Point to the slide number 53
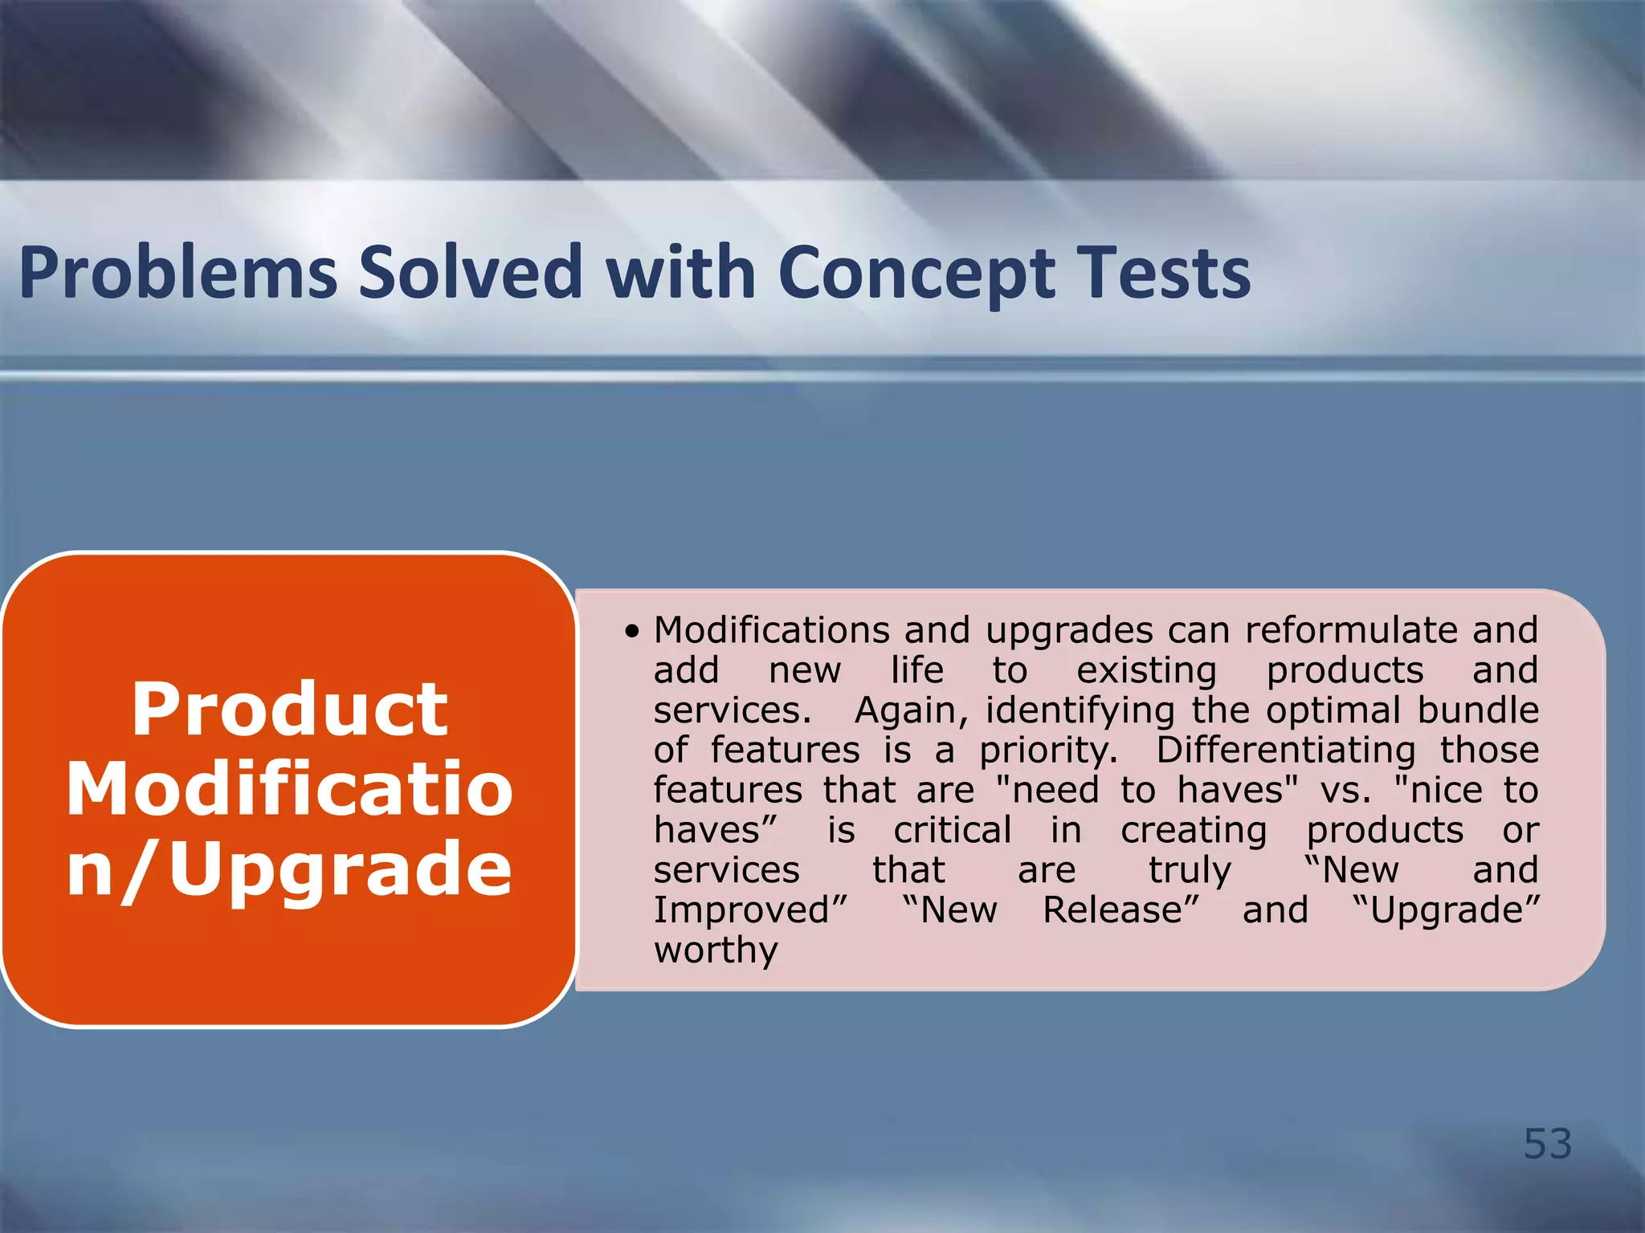pyautogui.click(x=1547, y=1143)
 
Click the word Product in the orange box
pyautogui.click(x=289, y=710)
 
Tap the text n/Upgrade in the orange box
pyautogui.click(x=289, y=869)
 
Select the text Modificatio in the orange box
pyautogui.click(x=289, y=789)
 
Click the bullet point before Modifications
pyautogui.click(x=632, y=633)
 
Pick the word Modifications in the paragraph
pyautogui.click(x=771, y=630)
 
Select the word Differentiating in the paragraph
pyautogui.click(x=1285, y=751)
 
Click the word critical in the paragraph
pyautogui.click(x=952, y=830)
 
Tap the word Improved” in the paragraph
pyautogui.click(x=750, y=911)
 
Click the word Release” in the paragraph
pyautogui.click(x=1120, y=910)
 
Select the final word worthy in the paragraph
pyautogui.click(x=716, y=951)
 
